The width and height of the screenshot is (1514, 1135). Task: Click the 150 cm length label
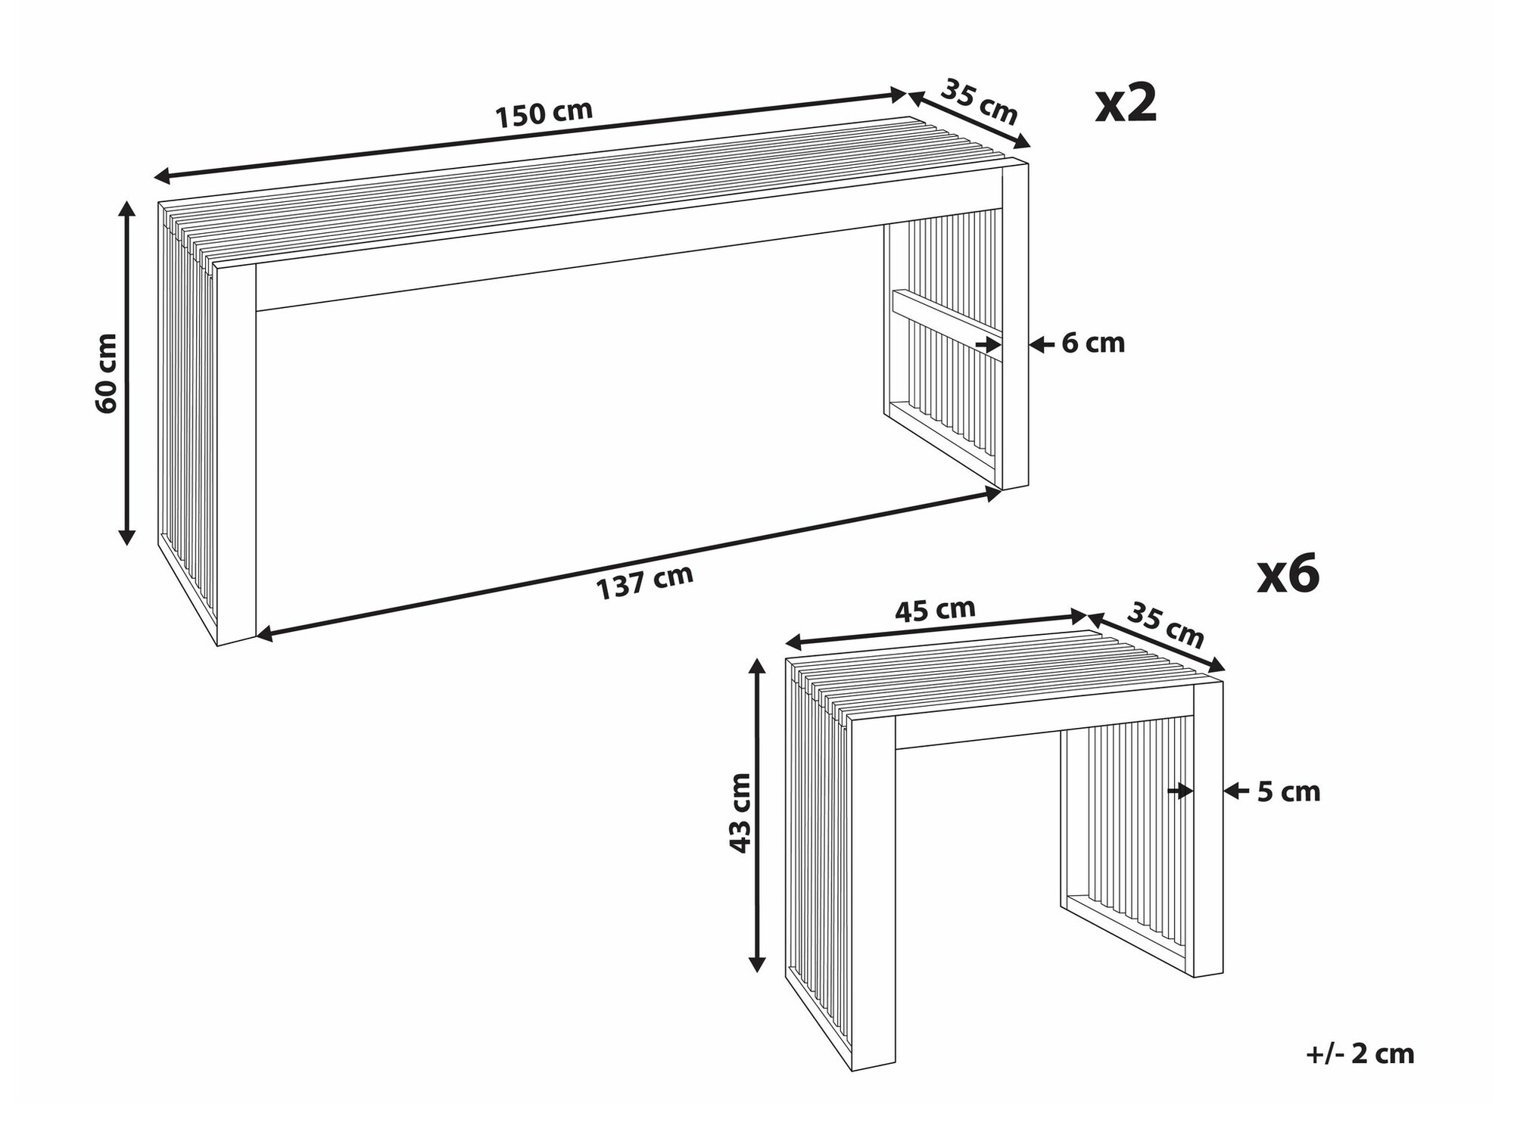click(x=544, y=113)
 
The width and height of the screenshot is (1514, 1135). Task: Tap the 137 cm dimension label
click(x=644, y=582)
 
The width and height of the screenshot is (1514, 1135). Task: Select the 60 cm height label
click(x=107, y=373)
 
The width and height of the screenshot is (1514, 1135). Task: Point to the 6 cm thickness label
click(x=1092, y=344)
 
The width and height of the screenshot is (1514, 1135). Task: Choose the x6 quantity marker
click(x=1288, y=574)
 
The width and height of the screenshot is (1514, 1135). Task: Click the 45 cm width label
click(x=935, y=610)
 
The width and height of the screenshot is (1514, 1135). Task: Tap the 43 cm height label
click(x=740, y=813)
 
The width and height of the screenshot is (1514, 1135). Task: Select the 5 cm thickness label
click(x=1288, y=791)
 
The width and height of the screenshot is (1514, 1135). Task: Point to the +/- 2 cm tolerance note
click(x=1360, y=1054)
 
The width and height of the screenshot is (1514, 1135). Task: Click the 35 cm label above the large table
click(x=979, y=102)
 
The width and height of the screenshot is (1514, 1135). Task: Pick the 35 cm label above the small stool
click(x=1165, y=624)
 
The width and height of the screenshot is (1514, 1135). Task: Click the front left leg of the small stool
click(x=873, y=893)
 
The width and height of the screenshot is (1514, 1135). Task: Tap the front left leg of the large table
click(x=236, y=454)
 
